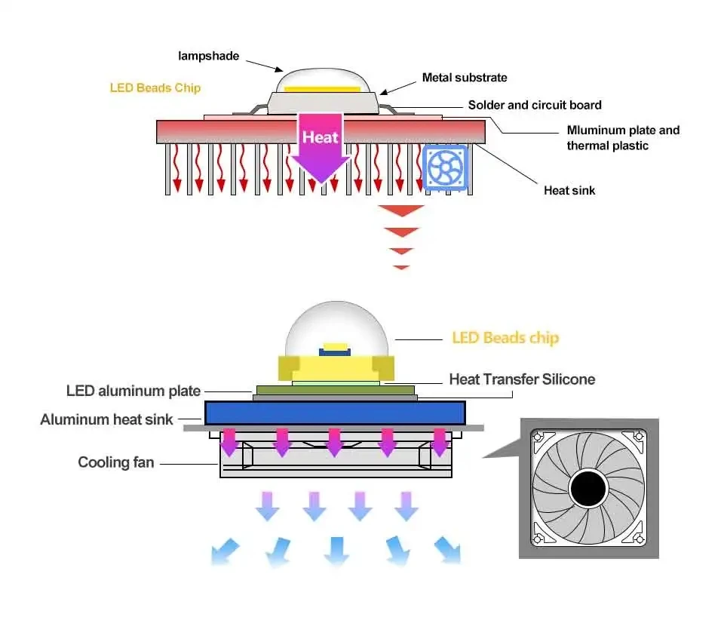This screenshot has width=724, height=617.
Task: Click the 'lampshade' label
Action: pos(209,57)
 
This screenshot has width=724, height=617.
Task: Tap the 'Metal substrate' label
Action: pos(465,78)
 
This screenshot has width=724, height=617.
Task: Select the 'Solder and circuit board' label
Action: pos(535,106)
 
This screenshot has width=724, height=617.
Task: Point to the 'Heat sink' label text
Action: pos(569,190)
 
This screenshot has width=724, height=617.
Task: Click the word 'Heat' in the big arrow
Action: pos(320,137)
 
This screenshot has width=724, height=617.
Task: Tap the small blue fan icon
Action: pos(445,167)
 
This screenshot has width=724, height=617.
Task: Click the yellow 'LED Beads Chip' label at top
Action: pos(155,87)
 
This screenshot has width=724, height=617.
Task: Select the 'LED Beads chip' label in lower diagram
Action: pos(505,338)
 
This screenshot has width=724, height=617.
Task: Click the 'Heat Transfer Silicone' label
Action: pos(522,379)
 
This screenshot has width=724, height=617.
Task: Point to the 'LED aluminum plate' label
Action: pos(133,391)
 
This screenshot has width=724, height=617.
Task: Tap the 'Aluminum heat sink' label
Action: pos(106,419)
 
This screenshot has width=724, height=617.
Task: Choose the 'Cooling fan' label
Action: pos(116,462)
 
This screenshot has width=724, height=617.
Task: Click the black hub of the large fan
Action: pos(588,489)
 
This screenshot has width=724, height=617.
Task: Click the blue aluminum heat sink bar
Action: pos(335,413)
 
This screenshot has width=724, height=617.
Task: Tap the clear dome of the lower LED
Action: pos(336,328)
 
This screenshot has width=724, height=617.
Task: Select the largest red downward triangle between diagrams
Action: pos(400,210)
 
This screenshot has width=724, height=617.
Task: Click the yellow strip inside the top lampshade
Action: pos(322,89)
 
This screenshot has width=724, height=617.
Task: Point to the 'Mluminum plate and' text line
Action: pos(624,130)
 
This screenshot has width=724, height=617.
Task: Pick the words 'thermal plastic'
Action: pos(608,146)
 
